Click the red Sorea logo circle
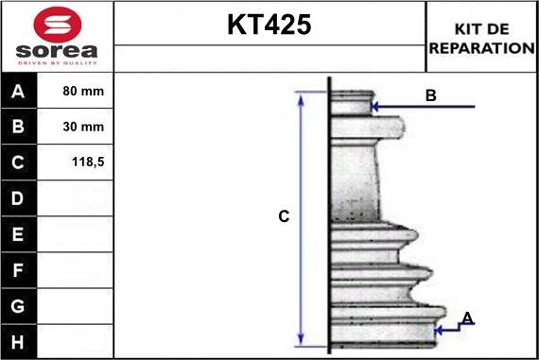[57, 23]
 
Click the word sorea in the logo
[57, 50]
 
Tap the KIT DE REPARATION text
[481, 38]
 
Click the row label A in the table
[19, 93]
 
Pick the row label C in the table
[19, 163]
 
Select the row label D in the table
[19, 198]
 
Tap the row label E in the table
[19, 233]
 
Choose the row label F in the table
[19, 269]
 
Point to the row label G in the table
[19, 305]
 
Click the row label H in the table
[19, 340]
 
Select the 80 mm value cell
[83, 93]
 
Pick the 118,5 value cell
[88, 163]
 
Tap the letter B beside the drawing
[430, 95]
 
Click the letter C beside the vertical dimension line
[283, 216]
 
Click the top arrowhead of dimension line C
[302, 96]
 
